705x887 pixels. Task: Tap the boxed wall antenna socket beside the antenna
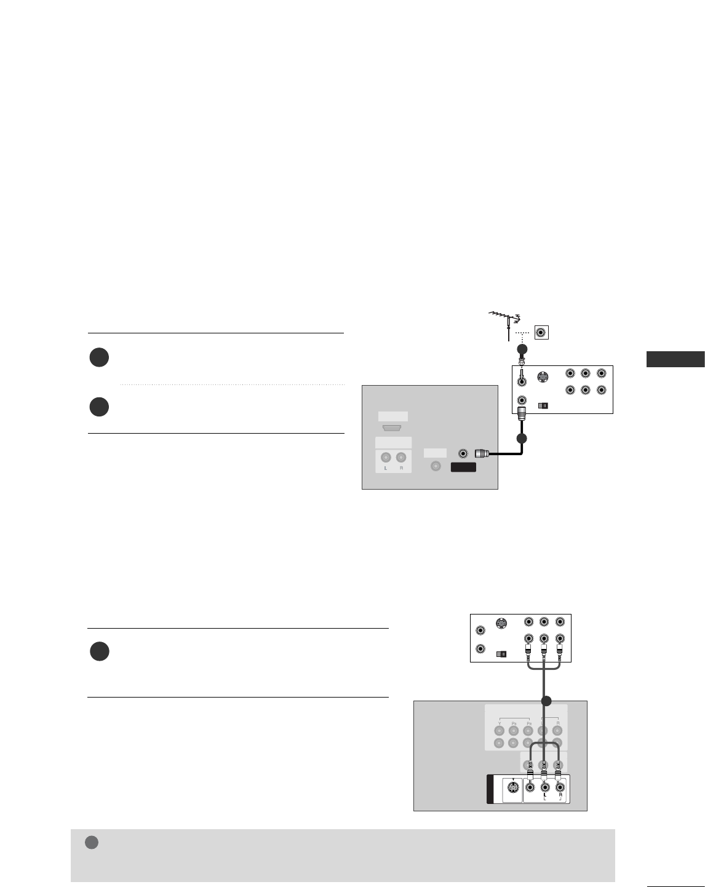tap(541, 333)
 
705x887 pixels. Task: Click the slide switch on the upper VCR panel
tap(543, 406)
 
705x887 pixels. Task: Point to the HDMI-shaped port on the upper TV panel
tap(393, 428)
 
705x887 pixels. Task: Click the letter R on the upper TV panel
tap(402, 469)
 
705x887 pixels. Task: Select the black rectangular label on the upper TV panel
tap(464, 467)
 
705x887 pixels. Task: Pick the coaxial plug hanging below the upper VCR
tap(522, 413)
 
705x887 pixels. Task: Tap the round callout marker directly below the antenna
tap(522, 349)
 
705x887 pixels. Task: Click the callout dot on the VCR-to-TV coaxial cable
tap(522, 439)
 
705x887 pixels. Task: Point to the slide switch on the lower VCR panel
tap(501, 654)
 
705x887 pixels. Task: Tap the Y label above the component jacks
tap(500, 723)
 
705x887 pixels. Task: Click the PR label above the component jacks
tap(528, 723)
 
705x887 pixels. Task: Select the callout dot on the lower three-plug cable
tap(544, 701)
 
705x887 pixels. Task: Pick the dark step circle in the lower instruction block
tap(100, 651)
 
